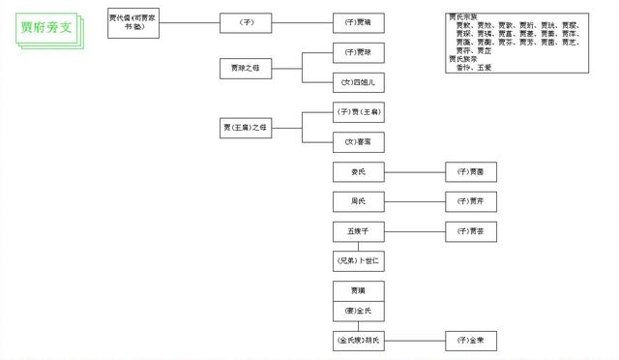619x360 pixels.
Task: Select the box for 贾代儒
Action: [135, 21]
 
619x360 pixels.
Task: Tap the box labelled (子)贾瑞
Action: [358, 21]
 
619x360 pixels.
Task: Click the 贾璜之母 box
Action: [247, 68]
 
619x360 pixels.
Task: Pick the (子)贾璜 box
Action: [358, 49]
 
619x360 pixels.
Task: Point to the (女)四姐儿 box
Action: [358, 83]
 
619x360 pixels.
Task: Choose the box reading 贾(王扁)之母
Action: [247, 128]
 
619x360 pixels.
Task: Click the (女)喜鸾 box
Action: [358, 141]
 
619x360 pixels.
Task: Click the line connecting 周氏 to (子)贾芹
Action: [414, 202]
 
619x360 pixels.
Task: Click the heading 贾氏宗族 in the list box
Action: [464, 17]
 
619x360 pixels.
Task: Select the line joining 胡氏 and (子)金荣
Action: [414, 341]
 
